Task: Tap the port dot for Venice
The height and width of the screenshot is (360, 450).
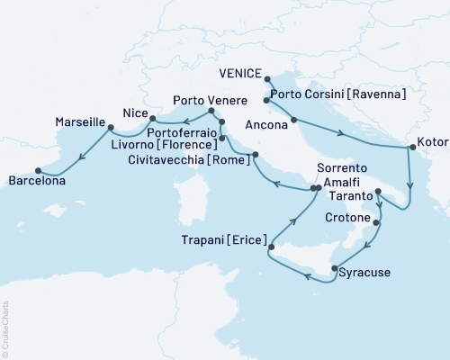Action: pos(268,78)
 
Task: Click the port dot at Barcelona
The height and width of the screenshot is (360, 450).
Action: pos(38,169)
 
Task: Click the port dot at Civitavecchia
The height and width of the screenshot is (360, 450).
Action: pos(256,155)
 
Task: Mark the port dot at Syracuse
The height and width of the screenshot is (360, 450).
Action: pos(335,268)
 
